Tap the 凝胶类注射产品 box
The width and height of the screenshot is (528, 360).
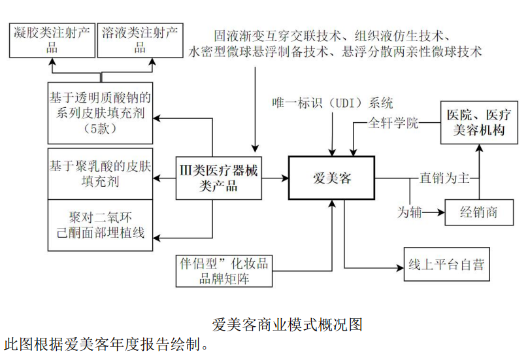click(x=52, y=40)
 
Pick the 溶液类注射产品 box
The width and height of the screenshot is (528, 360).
click(x=140, y=40)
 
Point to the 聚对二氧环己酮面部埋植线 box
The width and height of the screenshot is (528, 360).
click(x=100, y=224)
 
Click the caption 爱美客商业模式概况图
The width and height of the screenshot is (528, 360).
click(x=288, y=324)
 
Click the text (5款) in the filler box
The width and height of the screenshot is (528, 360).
click(x=100, y=129)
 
